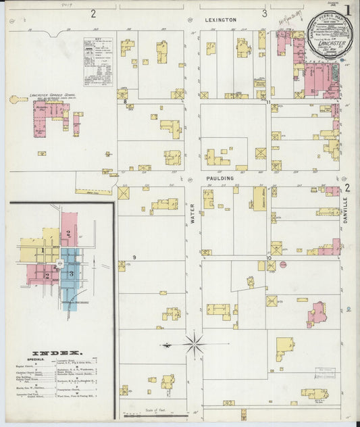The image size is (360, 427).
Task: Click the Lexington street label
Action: (x=220, y=20)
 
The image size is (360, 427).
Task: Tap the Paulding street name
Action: (x=220, y=178)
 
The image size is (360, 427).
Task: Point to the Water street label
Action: (x=192, y=213)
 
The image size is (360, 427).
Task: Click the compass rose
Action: (x=194, y=345)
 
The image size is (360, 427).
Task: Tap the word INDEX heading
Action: (x=57, y=353)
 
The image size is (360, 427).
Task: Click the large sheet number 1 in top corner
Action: (x=347, y=9)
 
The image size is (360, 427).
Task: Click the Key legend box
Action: (x=98, y=61)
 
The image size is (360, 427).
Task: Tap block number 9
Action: (x=134, y=257)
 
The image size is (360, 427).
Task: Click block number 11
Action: (x=268, y=103)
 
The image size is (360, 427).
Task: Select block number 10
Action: (x=268, y=257)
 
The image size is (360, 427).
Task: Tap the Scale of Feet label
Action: (x=155, y=409)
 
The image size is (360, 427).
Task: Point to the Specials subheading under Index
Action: (x=36, y=359)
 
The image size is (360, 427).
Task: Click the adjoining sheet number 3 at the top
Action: (x=265, y=13)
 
